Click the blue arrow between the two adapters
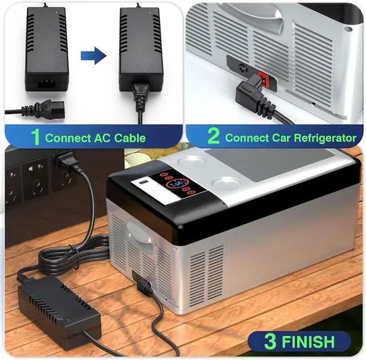coord(93,56)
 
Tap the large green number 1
coord(35,137)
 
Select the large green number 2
coord(213,137)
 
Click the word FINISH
coord(307,342)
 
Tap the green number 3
coord(270,342)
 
